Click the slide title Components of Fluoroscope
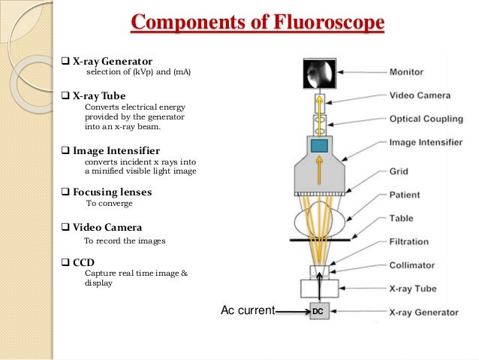click(258, 23)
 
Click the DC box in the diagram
click(319, 311)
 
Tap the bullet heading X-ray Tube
click(99, 96)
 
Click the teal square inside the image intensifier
click(320, 146)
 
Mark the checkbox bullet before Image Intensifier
click(65, 151)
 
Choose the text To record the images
click(125, 241)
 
